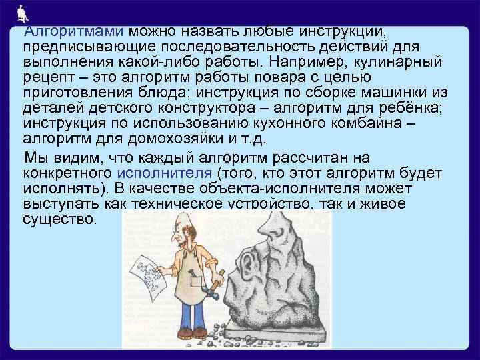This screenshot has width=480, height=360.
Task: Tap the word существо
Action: (x=59, y=219)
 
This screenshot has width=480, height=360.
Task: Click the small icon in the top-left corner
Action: (x=21, y=12)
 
